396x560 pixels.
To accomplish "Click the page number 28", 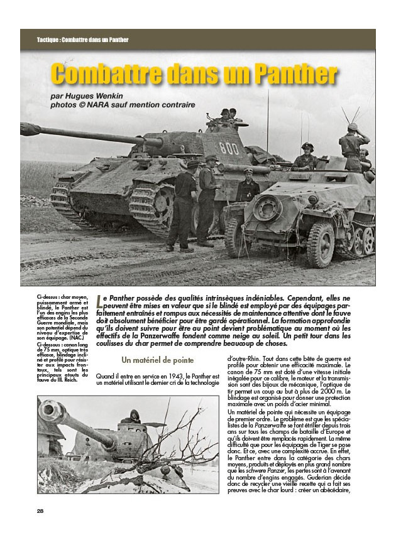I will coord(40,510).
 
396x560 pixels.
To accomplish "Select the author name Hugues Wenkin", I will coord(101,95).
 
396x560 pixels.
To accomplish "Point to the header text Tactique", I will coord(49,40).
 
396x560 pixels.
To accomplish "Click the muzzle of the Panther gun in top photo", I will coord(27,129).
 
